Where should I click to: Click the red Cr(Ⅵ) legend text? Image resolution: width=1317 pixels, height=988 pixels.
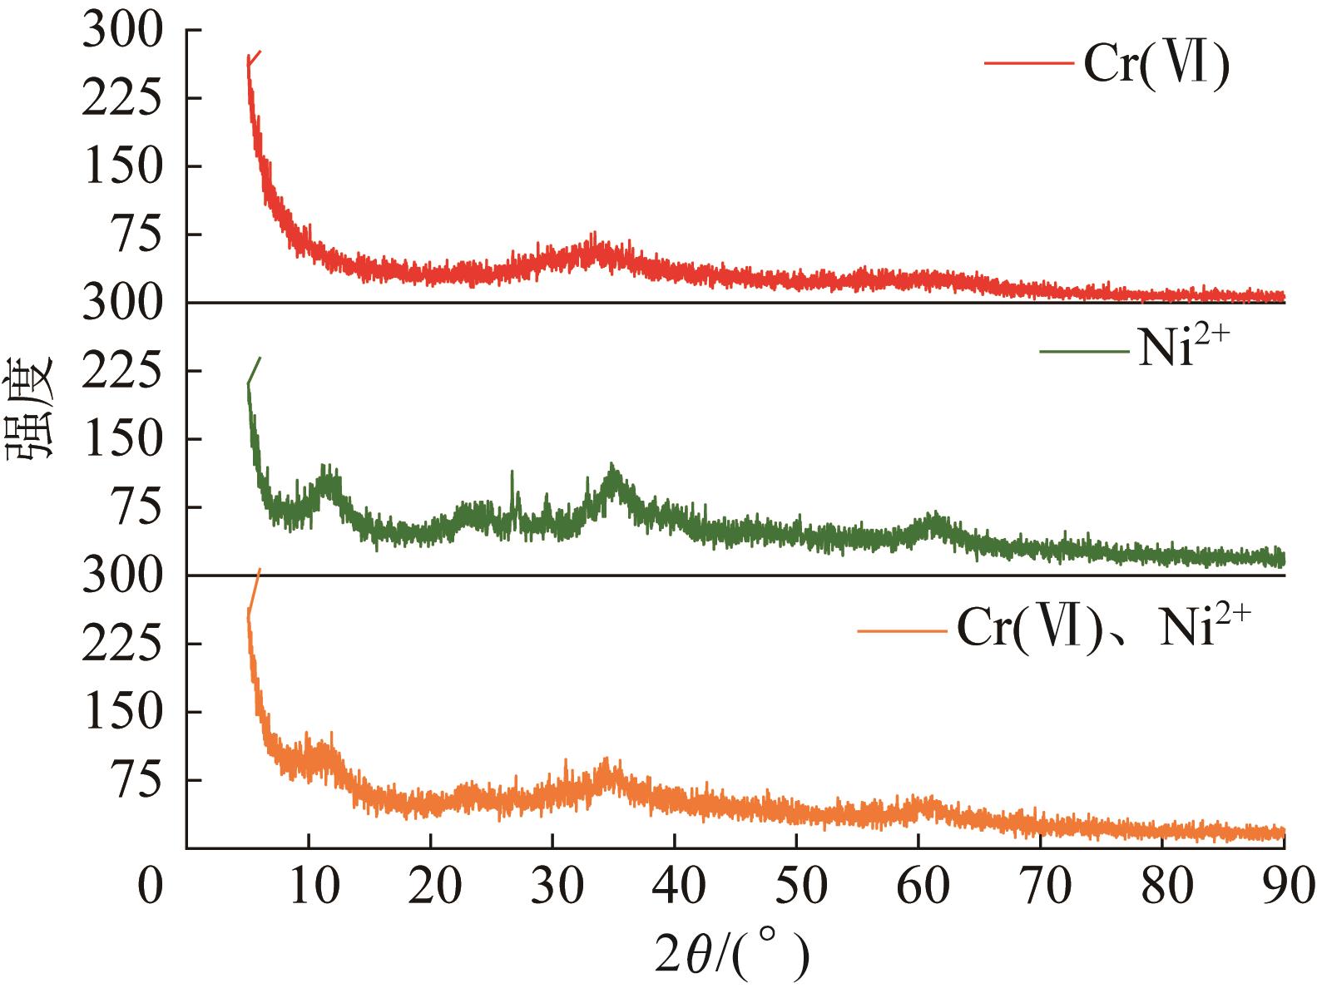click(x=1156, y=64)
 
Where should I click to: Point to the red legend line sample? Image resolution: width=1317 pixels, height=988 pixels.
click(x=1028, y=62)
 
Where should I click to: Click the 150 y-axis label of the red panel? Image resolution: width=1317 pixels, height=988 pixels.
click(x=121, y=167)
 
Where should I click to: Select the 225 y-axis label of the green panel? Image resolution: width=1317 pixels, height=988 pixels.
click(x=121, y=371)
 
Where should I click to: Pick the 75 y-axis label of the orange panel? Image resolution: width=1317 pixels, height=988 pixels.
click(x=133, y=780)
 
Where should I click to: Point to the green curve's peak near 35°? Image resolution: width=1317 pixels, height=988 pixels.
click(x=612, y=467)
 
